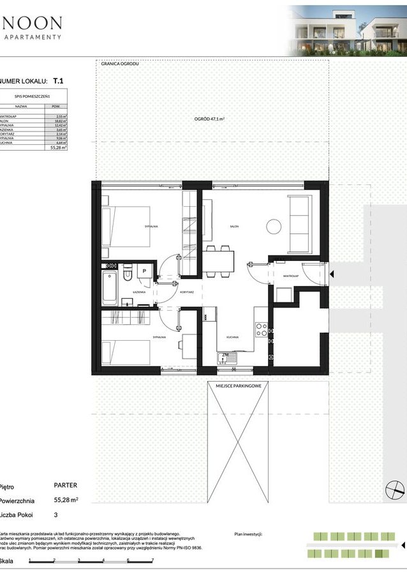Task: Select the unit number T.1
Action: point(58,81)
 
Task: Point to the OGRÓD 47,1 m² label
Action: point(212,119)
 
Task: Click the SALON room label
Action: point(233,226)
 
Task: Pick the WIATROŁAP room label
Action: point(292,276)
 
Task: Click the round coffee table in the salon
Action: point(274,226)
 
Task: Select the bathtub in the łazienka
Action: point(109,287)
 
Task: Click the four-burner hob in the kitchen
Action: point(261,329)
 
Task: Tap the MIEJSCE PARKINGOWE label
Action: point(238,385)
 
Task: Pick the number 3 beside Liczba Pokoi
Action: point(56,514)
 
